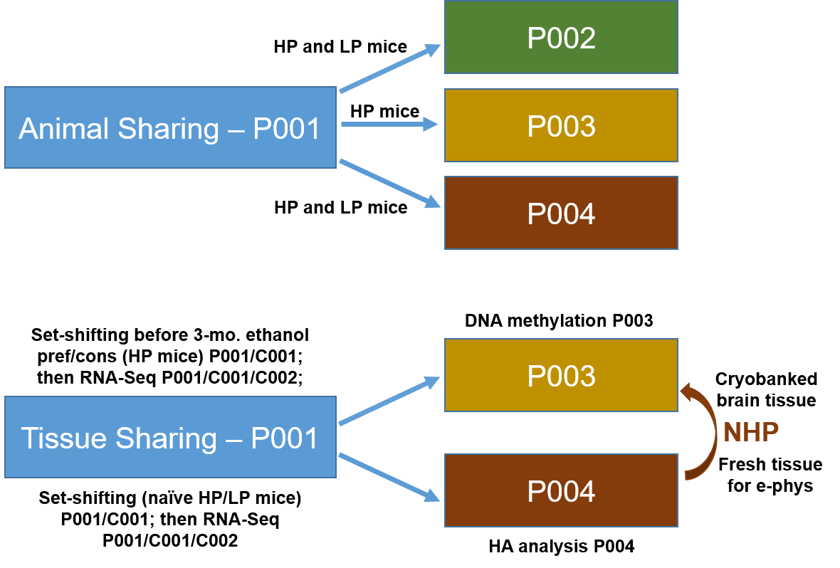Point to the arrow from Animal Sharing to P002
coord(390,69)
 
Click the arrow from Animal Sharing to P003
coord(389,125)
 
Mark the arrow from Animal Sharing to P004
coord(390,184)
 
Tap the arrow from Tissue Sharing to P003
coord(389,402)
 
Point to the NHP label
coord(751,432)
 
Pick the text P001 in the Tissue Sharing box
coord(285,438)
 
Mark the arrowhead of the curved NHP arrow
coord(686,390)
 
